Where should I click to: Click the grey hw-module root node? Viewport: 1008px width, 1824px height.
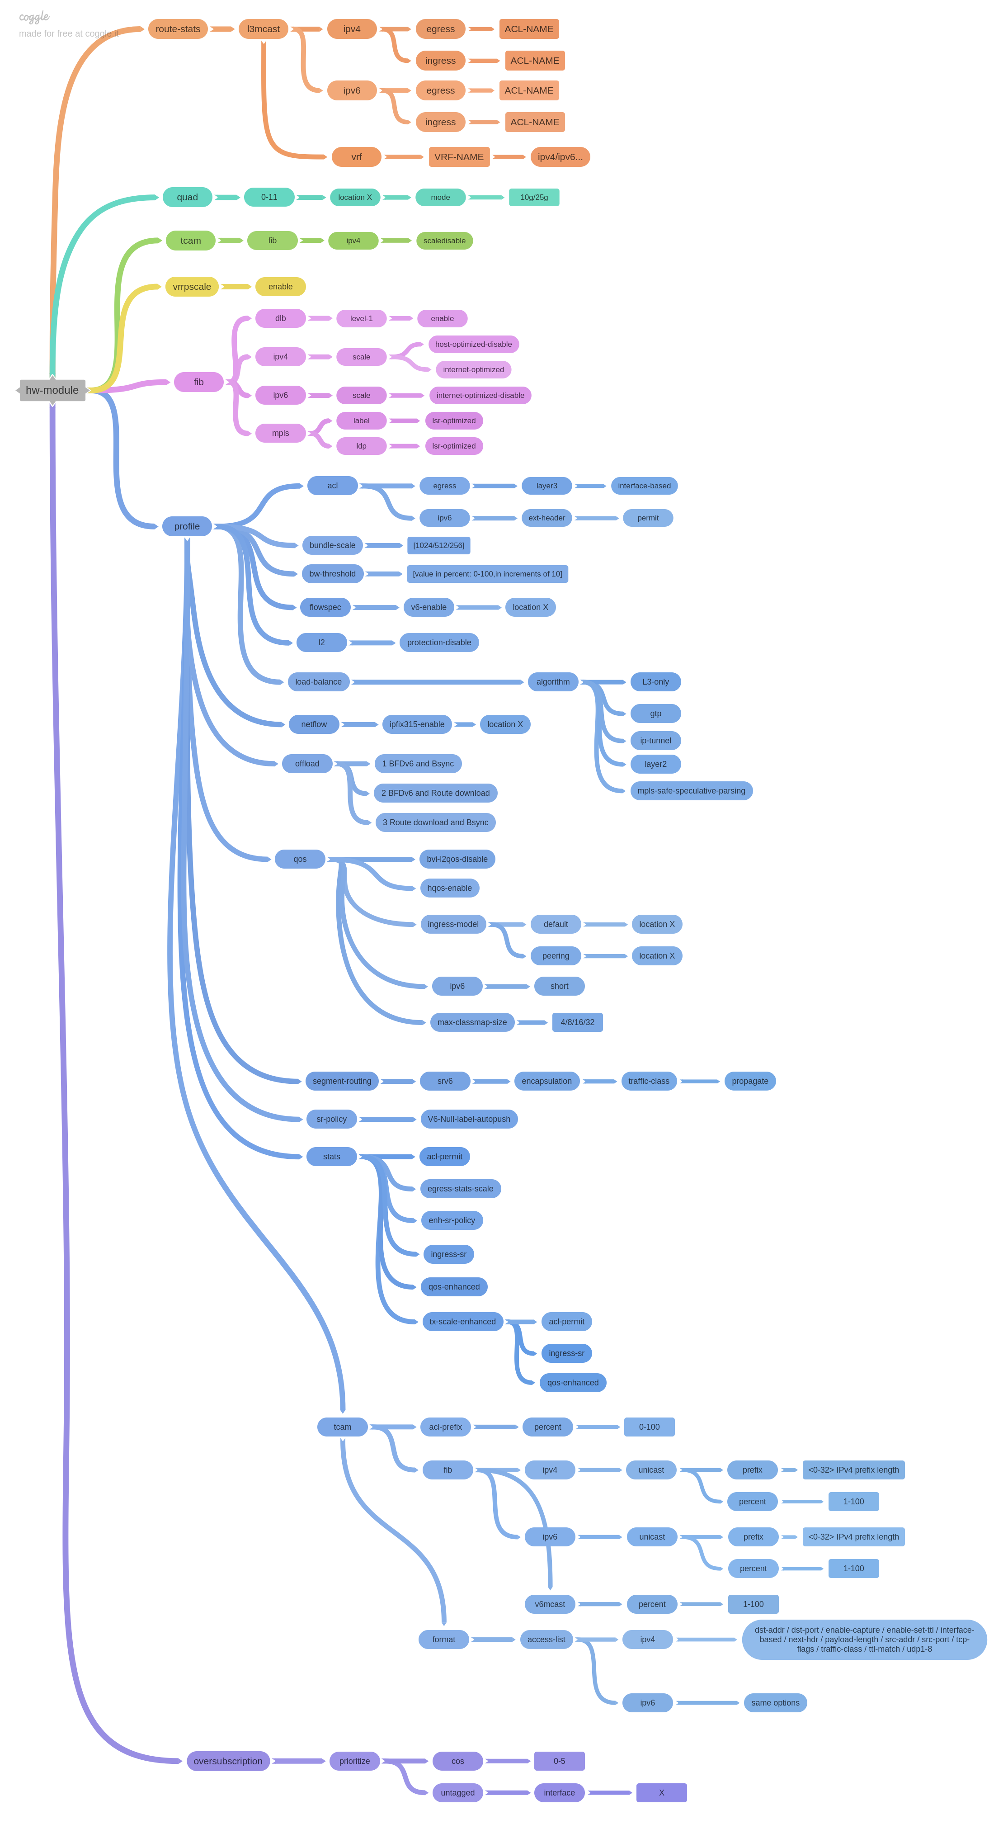(52, 390)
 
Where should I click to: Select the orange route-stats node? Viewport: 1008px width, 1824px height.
(178, 29)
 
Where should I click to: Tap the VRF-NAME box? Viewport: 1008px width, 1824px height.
(459, 157)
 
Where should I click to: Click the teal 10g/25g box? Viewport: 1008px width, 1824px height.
(534, 198)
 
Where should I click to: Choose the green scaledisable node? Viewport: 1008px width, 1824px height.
(444, 241)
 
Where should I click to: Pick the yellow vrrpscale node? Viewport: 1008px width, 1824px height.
(192, 287)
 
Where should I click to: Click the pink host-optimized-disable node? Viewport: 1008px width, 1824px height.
(474, 344)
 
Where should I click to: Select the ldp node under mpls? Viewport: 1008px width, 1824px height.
(361, 446)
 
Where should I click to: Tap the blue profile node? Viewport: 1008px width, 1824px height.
(187, 526)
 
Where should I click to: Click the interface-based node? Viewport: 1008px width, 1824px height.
(644, 486)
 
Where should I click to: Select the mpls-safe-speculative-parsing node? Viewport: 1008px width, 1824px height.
(691, 791)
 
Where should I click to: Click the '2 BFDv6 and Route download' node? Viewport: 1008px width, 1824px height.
(435, 793)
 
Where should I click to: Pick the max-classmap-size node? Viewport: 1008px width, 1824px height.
(472, 1022)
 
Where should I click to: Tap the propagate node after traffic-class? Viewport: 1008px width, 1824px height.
(749, 1081)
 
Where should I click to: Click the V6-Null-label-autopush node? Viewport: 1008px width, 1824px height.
(469, 1120)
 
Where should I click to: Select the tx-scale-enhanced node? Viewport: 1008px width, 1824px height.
(463, 1322)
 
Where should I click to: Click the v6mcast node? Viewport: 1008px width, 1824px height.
(550, 1605)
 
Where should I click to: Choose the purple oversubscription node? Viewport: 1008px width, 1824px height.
(228, 1761)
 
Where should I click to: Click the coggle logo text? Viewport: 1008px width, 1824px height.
(34, 16)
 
